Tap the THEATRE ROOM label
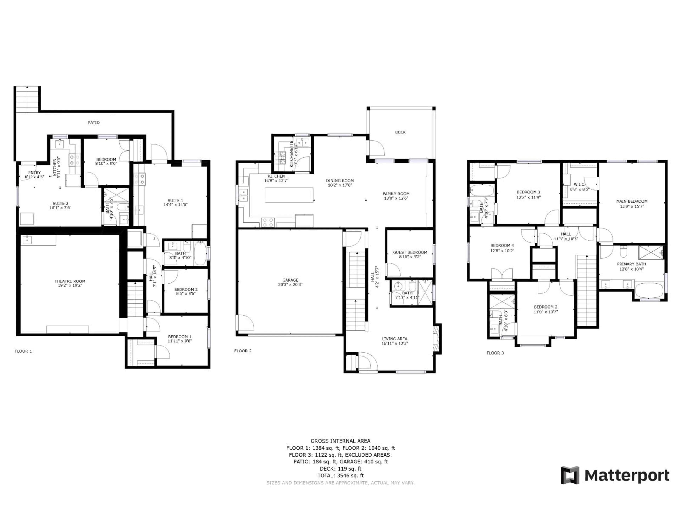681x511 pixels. [70, 281]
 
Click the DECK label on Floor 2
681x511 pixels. [400, 132]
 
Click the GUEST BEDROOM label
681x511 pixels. [410, 252]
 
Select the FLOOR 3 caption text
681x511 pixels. [495, 353]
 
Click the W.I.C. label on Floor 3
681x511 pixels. [579, 185]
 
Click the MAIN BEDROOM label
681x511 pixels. [632, 201]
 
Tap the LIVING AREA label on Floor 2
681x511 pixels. [394, 339]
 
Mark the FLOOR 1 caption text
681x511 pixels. [23, 351]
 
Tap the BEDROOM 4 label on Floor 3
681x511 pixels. [502, 246]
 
